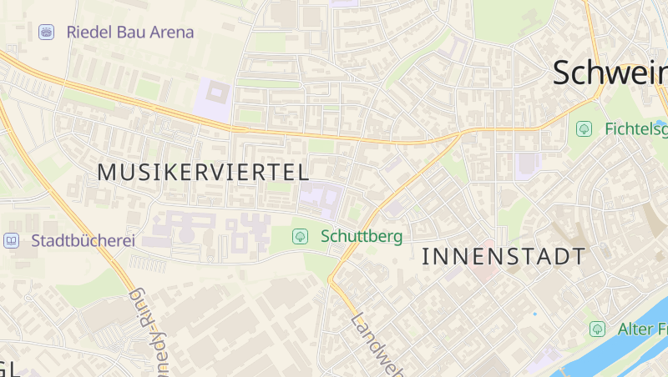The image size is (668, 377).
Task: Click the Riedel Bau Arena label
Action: click(129, 33)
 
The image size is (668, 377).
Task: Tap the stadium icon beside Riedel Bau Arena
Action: click(47, 33)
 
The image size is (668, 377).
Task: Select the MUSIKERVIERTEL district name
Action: click(203, 173)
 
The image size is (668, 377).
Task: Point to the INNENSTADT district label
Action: click(504, 256)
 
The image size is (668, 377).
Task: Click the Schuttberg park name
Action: click(361, 237)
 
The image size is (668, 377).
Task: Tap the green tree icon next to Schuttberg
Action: click(300, 237)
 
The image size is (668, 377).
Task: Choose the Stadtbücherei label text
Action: click(83, 241)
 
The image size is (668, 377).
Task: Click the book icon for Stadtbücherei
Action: click(12, 241)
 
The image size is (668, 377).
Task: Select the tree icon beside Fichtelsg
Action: click(584, 128)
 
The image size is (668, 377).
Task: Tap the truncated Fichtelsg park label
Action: click(636, 128)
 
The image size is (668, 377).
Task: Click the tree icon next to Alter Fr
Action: click(597, 329)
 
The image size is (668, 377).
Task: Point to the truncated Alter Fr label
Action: click(642, 329)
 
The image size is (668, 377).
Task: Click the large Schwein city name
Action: click(610, 73)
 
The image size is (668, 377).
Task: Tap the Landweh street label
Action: click(377, 344)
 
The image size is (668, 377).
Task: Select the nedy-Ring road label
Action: click(151, 334)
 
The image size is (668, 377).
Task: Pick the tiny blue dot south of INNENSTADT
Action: click(535, 314)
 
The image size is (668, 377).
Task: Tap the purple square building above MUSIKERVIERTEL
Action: click(215, 98)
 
